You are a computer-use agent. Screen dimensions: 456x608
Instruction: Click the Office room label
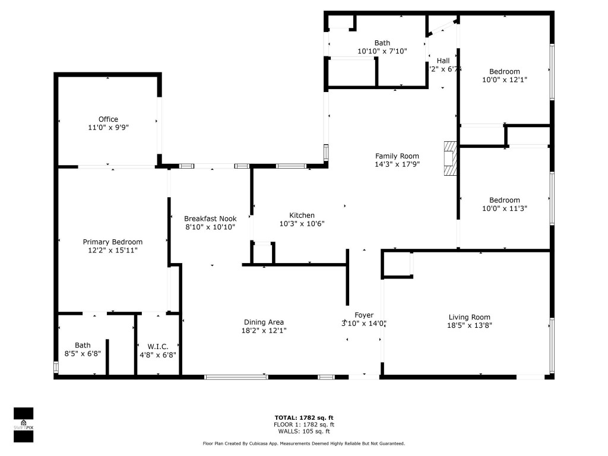[x=108, y=119]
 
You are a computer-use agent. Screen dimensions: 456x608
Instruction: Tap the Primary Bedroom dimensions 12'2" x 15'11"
[x=112, y=251]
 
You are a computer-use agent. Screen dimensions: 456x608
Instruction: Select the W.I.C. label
[x=157, y=346]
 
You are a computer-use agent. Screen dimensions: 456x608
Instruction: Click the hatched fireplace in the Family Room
[x=451, y=159]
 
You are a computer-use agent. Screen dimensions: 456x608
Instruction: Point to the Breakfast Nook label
[x=210, y=218]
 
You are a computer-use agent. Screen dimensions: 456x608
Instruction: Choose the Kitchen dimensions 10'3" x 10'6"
[x=302, y=224]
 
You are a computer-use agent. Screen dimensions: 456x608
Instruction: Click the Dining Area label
[x=264, y=322]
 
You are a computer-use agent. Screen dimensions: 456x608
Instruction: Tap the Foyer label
[x=364, y=315]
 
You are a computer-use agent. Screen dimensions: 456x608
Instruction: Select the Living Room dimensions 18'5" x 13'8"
[x=469, y=325]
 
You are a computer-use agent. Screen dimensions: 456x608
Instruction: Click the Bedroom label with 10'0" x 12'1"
[x=505, y=71]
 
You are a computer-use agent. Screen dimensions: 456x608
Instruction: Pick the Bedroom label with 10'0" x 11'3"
[x=504, y=200]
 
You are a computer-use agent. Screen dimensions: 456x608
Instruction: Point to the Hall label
[x=443, y=61]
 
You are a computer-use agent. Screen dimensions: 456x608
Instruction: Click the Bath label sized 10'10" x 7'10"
[x=382, y=43]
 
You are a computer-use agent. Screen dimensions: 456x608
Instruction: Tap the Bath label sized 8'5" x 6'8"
[x=83, y=345]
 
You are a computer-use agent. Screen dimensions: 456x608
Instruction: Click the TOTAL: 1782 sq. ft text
[x=304, y=417]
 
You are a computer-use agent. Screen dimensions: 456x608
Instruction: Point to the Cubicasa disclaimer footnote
[x=304, y=444]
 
